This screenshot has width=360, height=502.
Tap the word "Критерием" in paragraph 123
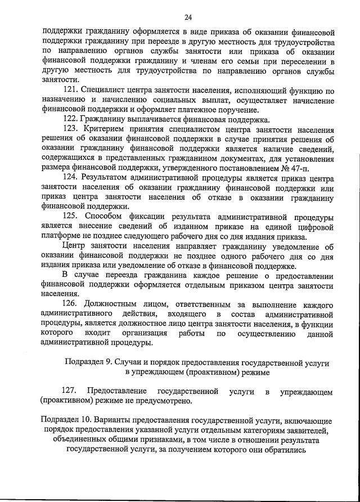106,129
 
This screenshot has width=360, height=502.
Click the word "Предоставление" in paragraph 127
117,391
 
